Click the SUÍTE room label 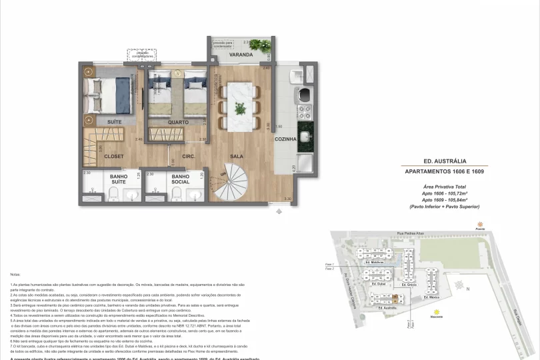click(x=115, y=123)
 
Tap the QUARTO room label click(x=178, y=123)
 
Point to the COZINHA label click(x=286, y=139)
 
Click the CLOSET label click(x=114, y=156)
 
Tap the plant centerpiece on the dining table click(x=238, y=98)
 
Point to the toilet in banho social click(x=176, y=194)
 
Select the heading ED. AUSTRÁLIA click(x=445, y=161)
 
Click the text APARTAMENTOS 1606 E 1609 click(x=445, y=171)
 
